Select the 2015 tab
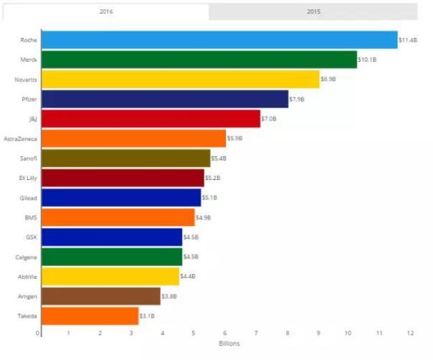pos(313,11)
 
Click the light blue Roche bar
pos(219,39)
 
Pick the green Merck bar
pos(199,60)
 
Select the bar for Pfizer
pos(165,99)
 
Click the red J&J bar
pos(151,118)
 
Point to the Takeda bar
pos(90,316)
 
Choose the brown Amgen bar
pos(101,296)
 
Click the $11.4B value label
pos(409,39)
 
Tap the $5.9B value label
pos(234,138)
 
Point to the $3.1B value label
pos(147,316)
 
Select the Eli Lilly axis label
pos(29,177)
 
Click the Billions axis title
pos(229,344)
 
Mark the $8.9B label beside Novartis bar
pos(328,79)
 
